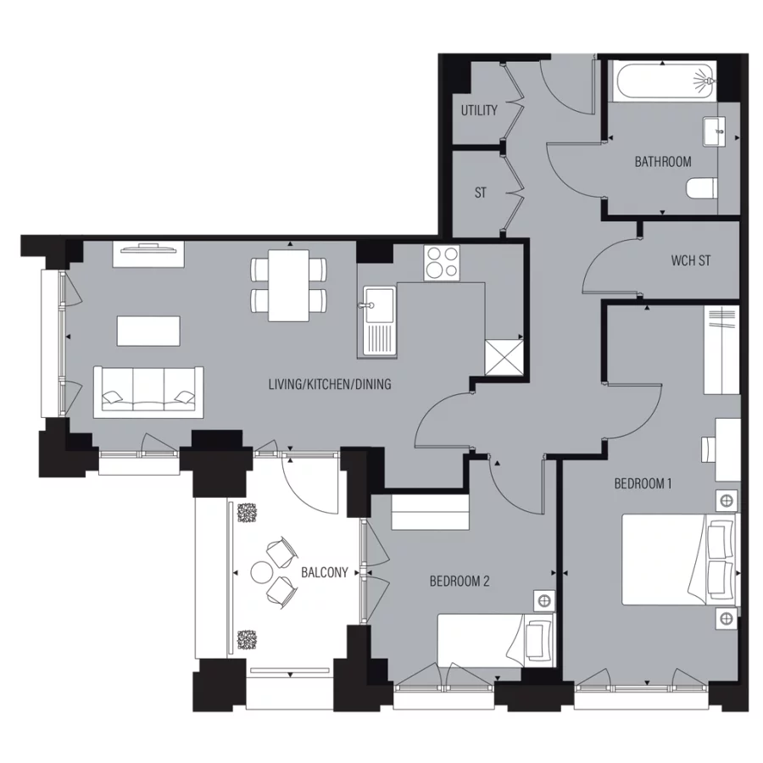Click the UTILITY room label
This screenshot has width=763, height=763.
click(479, 111)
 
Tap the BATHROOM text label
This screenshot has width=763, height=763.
click(662, 161)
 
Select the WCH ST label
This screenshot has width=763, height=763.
click(690, 260)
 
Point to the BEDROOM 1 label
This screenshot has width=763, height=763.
click(643, 484)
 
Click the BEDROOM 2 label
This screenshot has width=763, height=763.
click(459, 582)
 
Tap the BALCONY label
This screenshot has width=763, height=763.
click(324, 572)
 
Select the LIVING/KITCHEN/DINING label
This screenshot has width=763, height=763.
click(330, 385)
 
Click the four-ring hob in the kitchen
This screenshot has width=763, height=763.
click(441, 262)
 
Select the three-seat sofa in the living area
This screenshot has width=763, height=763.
click(148, 392)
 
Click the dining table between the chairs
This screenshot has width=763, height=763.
click(288, 286)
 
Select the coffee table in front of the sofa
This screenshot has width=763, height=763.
click(148, 331)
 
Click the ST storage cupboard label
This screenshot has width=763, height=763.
click(481, 192)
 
